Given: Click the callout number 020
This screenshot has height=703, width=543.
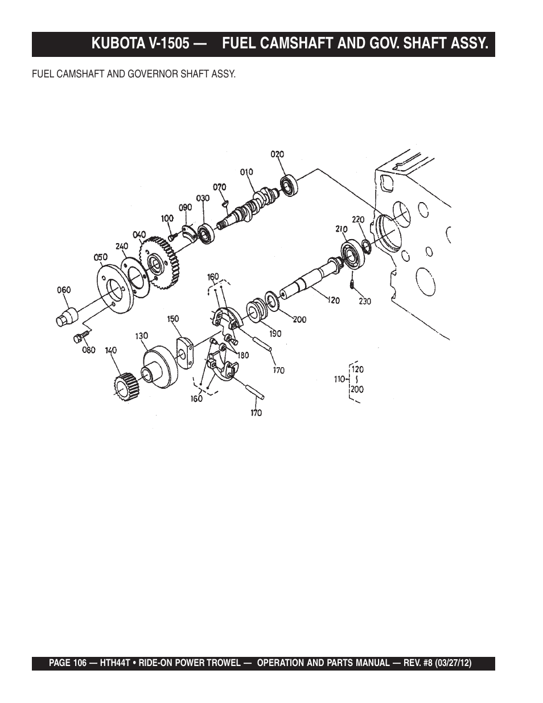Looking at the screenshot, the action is click(277, 154).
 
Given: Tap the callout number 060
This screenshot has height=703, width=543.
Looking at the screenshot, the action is click(64, 290).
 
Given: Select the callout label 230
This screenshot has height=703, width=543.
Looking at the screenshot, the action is click(365, 302).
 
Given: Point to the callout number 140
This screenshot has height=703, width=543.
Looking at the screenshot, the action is click(111, 351).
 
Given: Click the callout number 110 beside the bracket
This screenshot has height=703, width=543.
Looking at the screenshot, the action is click(340, 379).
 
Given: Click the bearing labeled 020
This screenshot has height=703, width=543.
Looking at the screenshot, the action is click(289, 185).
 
